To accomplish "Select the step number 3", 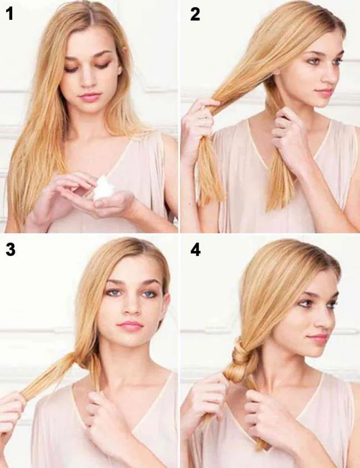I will [x=10, y=250].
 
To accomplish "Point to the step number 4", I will [x=195, y=250].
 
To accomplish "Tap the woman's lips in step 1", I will [x=89, y=97].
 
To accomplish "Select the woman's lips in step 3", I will [x=130, y=326].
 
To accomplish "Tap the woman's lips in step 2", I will [x=323, y=92].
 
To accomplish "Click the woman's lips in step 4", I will [x=318, y=337].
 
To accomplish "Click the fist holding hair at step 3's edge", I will [x=11, y=413].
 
